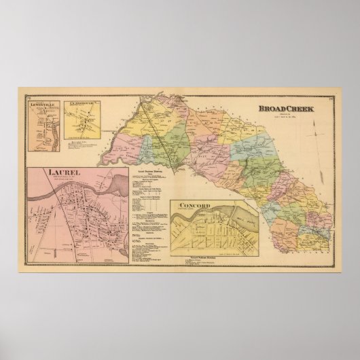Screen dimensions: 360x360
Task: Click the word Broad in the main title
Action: click(x=270, y=107)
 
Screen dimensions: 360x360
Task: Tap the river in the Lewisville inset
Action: click(x=48, y=129)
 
